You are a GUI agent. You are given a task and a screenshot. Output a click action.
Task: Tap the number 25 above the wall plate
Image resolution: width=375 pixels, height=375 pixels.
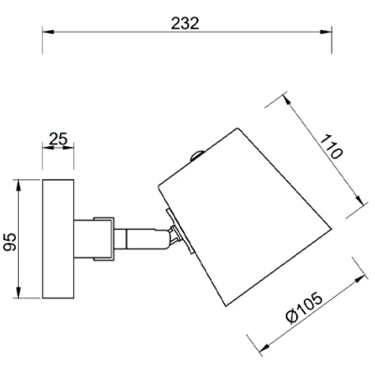click(58, 141)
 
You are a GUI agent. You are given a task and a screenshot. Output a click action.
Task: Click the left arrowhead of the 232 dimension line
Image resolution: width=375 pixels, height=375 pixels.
click(48, 36)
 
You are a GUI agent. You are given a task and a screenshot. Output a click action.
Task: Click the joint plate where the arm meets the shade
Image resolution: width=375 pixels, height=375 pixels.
click(174, 234)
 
